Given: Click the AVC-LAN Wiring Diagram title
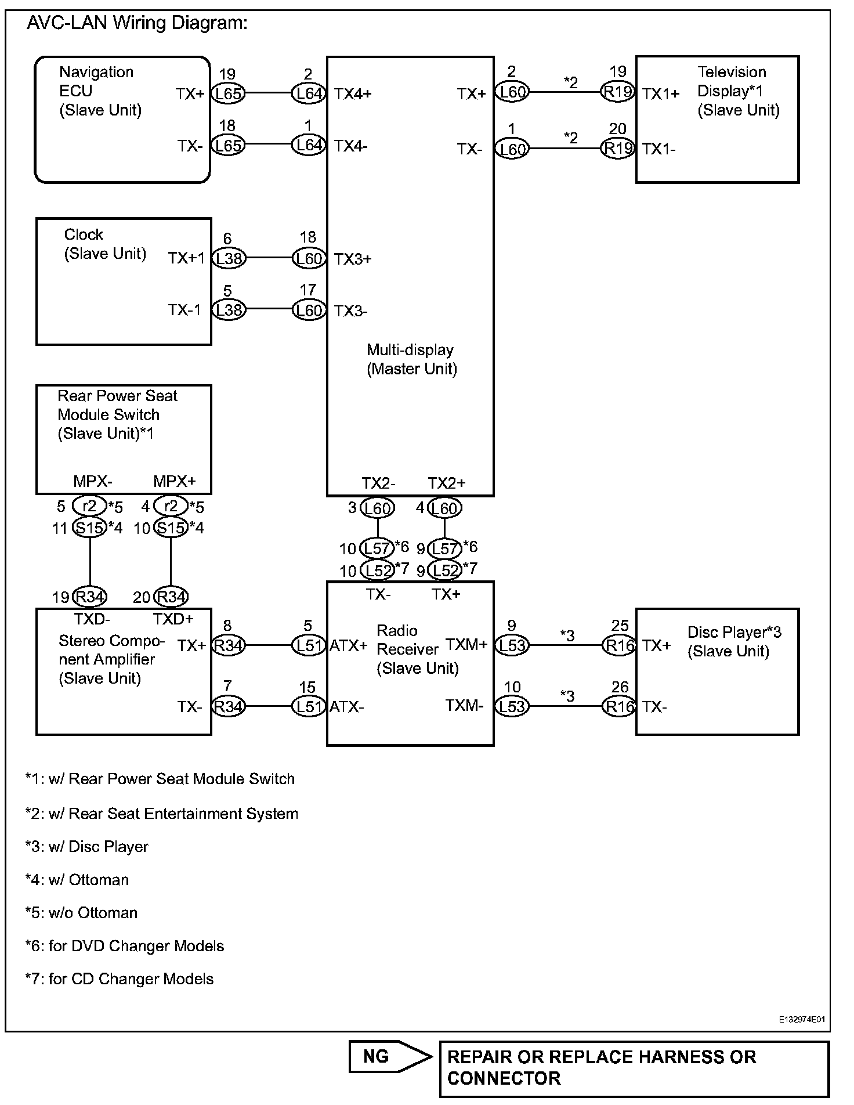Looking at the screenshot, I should pos(137,23).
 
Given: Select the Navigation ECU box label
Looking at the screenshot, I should pos(100,91).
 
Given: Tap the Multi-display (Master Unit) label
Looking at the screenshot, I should pos(411,359).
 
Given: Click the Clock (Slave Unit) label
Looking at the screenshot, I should pos(104,244).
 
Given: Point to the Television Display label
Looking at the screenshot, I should pos(737,91).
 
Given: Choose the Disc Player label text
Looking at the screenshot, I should pos(734,641).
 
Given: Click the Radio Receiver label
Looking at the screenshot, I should pos(417,649).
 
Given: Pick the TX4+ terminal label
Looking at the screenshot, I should pos(353,94).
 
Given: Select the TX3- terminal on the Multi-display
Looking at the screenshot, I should pos(350,312).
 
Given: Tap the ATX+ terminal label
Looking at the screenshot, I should pos(348,645).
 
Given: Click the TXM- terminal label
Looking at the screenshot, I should pos(464,706).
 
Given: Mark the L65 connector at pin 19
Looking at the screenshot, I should pos(228,93).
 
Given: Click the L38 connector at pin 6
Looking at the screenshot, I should pos(228,258).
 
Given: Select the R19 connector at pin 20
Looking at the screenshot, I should pos(618,149).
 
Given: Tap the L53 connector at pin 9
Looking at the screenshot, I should pos(512,645).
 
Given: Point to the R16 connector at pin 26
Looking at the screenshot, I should pos(619,706).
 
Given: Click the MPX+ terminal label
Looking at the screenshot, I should pos(174,481).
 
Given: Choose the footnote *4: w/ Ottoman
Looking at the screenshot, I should pos(77,880).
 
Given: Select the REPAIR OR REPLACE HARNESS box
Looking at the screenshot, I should pos(634,1068).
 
